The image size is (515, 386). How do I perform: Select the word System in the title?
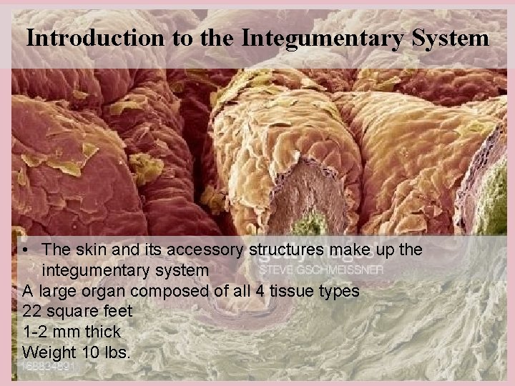(x=448, y=37)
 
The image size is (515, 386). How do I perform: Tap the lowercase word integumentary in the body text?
(x=126, y=271)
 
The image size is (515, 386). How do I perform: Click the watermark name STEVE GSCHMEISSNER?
(x=320, y=270)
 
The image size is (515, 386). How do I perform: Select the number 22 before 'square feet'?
(x=31, y=312)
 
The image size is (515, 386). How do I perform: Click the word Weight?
(x=46, y=353)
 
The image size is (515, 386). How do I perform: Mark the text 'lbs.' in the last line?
(x=114, y=353)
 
